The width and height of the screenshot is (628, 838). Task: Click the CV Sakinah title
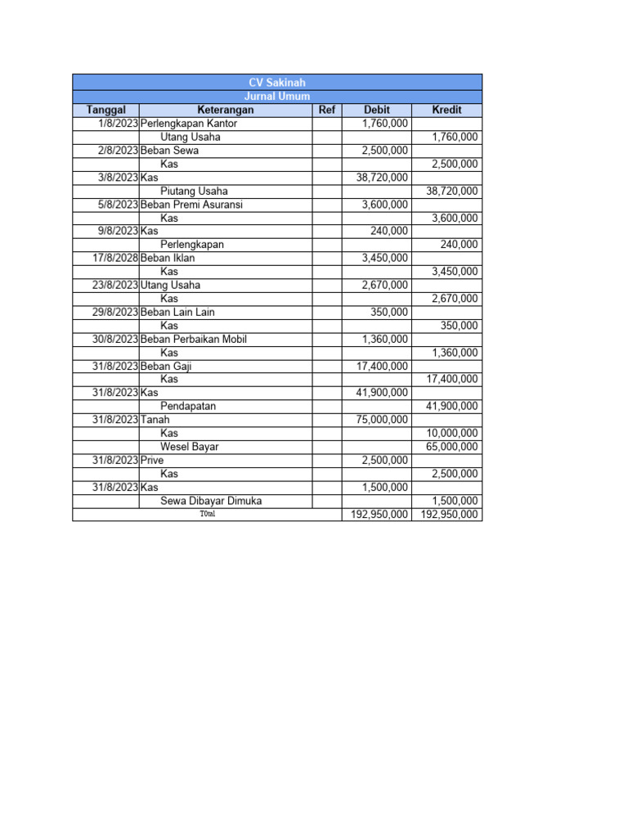pyautogui.click(x=277, y=83)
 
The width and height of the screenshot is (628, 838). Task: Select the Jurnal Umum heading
pyautogui.click(x=277, y=97)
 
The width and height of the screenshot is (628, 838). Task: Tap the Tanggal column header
pyautogui.click(x=105, y=110)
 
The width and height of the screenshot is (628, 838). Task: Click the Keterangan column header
pyautogui.click(x=225, y=110)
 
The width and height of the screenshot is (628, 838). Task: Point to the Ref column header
pyautogui.click(x=326, y=110)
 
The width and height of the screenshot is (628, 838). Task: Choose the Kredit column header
pyautogui.click(x=446, y=110)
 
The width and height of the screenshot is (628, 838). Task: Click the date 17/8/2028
pyautogui.click(x=114, y=258)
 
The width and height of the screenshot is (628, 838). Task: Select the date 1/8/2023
pyautogui.click(x=118, y=123)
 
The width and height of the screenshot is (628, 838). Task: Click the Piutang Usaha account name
pyautogui.click(x=194, y=191)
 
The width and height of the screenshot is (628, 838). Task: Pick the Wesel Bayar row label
pyautogui.click(x=189, y=447)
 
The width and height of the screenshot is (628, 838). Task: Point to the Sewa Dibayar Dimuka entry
pyautogui.click(x=211, y=501)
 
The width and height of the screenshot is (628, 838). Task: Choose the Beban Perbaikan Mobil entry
pyautogui.click(x=194, y=339)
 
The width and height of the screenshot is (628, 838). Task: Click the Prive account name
pyautogui.click(x=152, y=460)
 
